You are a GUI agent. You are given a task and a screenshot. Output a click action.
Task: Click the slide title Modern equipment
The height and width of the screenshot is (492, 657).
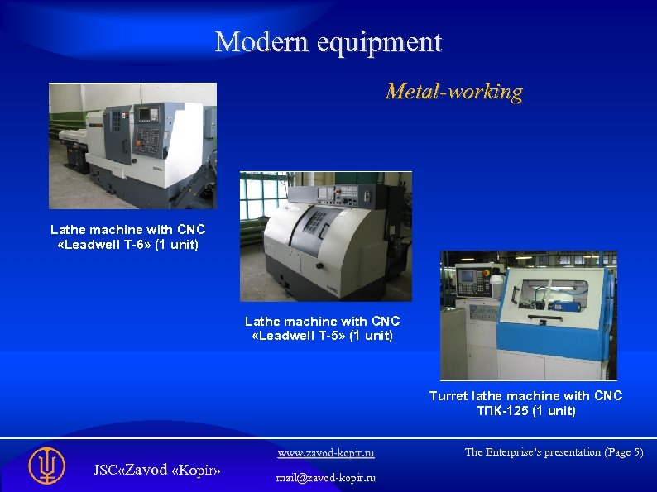(328, 41)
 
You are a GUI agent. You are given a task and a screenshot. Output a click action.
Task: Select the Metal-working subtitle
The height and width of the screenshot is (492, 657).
(453, 91)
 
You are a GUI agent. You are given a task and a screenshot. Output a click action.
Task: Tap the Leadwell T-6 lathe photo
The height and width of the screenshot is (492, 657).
(132, 146)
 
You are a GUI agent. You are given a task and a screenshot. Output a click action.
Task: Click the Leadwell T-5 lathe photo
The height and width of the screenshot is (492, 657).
(325, 236)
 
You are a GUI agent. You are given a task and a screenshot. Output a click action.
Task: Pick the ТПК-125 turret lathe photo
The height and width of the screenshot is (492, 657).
(528, 315)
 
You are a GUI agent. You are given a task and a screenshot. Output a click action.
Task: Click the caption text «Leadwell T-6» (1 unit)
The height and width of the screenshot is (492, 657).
(127, 245)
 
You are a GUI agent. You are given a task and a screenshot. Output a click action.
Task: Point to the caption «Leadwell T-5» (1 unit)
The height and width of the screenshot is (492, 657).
(322, 336)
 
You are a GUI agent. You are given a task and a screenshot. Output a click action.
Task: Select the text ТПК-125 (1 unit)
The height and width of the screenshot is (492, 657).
(525, 410)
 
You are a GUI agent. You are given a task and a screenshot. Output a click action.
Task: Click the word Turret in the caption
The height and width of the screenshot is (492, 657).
(448, 396)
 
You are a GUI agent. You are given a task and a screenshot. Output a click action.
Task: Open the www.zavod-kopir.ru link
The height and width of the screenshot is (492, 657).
(325, 452)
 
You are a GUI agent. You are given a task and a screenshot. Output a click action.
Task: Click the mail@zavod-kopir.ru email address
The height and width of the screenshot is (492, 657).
(325, 477)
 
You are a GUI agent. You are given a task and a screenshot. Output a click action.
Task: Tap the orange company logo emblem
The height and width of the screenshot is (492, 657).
(46, 466)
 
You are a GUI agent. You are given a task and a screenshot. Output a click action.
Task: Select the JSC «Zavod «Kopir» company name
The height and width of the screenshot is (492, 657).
(156, 469)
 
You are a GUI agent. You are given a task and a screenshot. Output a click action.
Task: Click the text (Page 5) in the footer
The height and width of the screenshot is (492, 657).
(623, 451)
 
